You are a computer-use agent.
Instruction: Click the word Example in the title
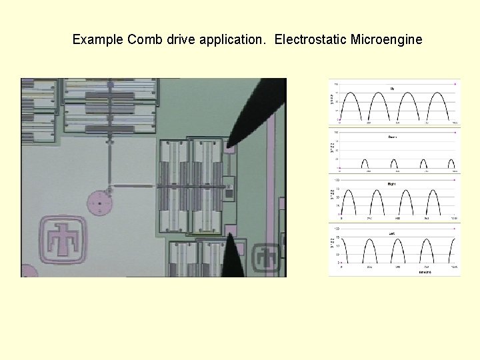(97, 40)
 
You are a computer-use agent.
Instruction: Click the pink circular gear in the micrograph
(99, 203)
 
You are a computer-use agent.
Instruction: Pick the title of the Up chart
(392, 88)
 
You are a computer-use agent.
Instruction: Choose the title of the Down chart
(392, 137)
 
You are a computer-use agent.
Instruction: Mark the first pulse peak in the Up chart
(354, 93)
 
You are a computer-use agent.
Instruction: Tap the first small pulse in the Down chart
(364, 160)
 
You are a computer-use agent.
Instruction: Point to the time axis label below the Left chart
(425, 272)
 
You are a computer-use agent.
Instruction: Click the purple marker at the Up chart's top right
(455, 83)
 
